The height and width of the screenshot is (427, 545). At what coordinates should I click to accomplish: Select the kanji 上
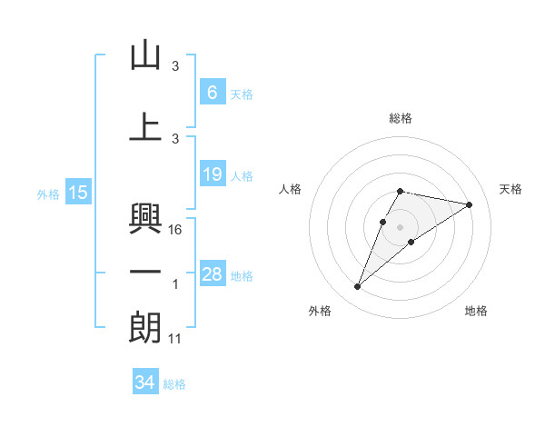click(x=145, y=126)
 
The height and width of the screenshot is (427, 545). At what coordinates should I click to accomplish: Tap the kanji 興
click(x=145, y=216)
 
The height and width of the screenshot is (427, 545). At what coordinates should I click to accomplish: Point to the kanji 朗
click(x=145, y=328)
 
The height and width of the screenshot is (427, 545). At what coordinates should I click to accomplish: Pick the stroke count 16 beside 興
click(x=176, y=230)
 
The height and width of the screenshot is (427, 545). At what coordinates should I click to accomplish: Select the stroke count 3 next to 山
click(x=175, y=66)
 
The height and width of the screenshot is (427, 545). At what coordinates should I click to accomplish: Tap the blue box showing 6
click(x=212, y=92)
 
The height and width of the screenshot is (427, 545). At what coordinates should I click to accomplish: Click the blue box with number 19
click(x=212, y=174)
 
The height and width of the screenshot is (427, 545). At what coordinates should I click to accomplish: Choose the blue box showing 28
click(x=212, y=274)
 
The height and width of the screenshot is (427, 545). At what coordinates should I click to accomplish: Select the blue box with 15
click(x=78, y=192)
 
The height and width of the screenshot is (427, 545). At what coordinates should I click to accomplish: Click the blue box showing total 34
click(x=144, y=382)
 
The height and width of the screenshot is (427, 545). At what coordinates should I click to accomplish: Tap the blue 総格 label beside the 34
click(x=174, y=384)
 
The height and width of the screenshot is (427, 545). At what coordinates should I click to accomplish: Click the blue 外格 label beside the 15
click(x=48, y=194)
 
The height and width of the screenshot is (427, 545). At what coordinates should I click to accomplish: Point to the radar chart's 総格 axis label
click(x=401, y=118)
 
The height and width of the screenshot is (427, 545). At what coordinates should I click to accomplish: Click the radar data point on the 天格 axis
click(x=469, y=205)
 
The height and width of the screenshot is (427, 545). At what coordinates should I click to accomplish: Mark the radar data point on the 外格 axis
click(x=358, y=287)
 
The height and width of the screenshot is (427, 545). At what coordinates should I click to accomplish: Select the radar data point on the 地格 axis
click(x=411, y=242)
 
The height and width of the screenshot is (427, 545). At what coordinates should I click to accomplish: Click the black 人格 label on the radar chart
click(x=291, y=189)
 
